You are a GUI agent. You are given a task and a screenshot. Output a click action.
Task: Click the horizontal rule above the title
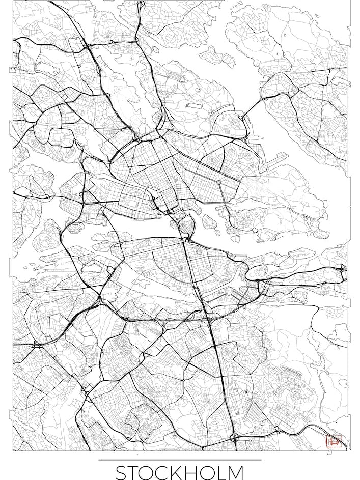click(180, 460)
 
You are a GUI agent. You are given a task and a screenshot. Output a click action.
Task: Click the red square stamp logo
click(333, 441)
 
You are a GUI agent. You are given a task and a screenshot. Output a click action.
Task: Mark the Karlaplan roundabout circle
click(218, 182)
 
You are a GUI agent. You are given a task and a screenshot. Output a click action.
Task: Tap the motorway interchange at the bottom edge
click(234, 437)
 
